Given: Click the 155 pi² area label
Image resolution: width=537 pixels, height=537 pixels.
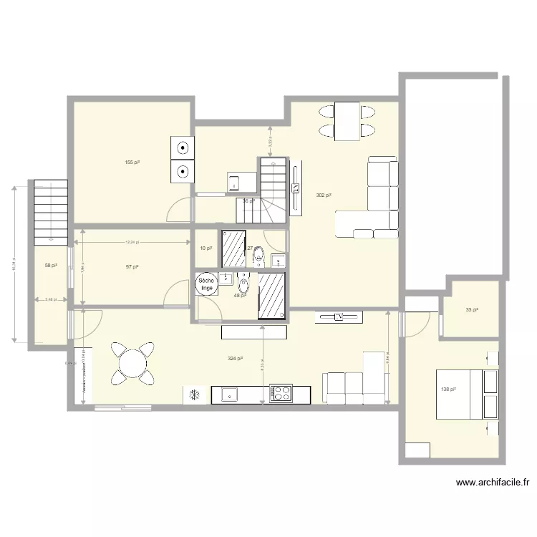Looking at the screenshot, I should tap(132, 163).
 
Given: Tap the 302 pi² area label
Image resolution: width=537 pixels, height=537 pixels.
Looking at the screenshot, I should tap(324, 195).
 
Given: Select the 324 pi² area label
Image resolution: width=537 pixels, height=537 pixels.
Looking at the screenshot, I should tap(234, 358).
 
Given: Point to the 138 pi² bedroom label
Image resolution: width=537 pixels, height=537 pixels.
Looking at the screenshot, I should tap(449, 389).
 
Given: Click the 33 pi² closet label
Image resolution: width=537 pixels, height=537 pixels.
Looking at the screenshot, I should tap(472, 310).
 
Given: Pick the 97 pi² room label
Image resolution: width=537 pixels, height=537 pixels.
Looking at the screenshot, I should tap(132, 266).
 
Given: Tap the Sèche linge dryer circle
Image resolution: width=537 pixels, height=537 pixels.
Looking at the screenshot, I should tap(206, 284).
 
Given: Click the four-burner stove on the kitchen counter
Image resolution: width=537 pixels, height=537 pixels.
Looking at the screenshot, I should tap(281, 392).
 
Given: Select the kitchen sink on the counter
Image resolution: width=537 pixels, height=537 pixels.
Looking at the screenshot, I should tap(229, 393).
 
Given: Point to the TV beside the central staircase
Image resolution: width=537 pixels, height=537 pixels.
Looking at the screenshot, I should tap(296, 188).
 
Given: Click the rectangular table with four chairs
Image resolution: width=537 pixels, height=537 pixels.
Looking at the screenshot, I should tap(347, 121).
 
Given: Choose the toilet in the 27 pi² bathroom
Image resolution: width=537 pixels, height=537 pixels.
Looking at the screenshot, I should tap(258, 255).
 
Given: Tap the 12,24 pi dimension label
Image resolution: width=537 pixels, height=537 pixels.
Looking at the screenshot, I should tap(132, 242).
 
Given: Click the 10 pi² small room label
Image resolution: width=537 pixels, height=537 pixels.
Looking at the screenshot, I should tap(206, 248).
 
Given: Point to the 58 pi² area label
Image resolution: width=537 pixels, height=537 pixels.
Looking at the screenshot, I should tap(50, 265).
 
